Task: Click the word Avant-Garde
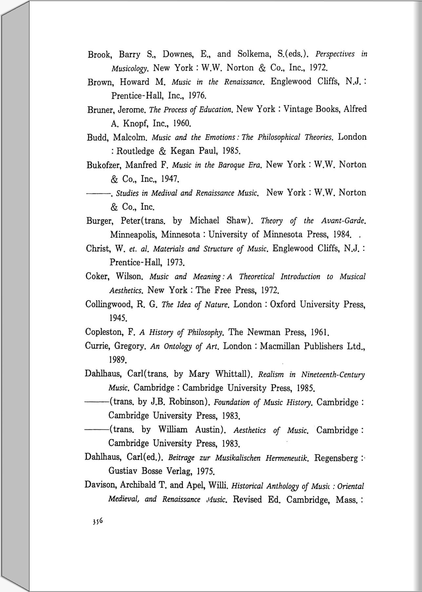point(343,221)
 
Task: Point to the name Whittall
point(233,374)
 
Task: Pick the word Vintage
point(298,109)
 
